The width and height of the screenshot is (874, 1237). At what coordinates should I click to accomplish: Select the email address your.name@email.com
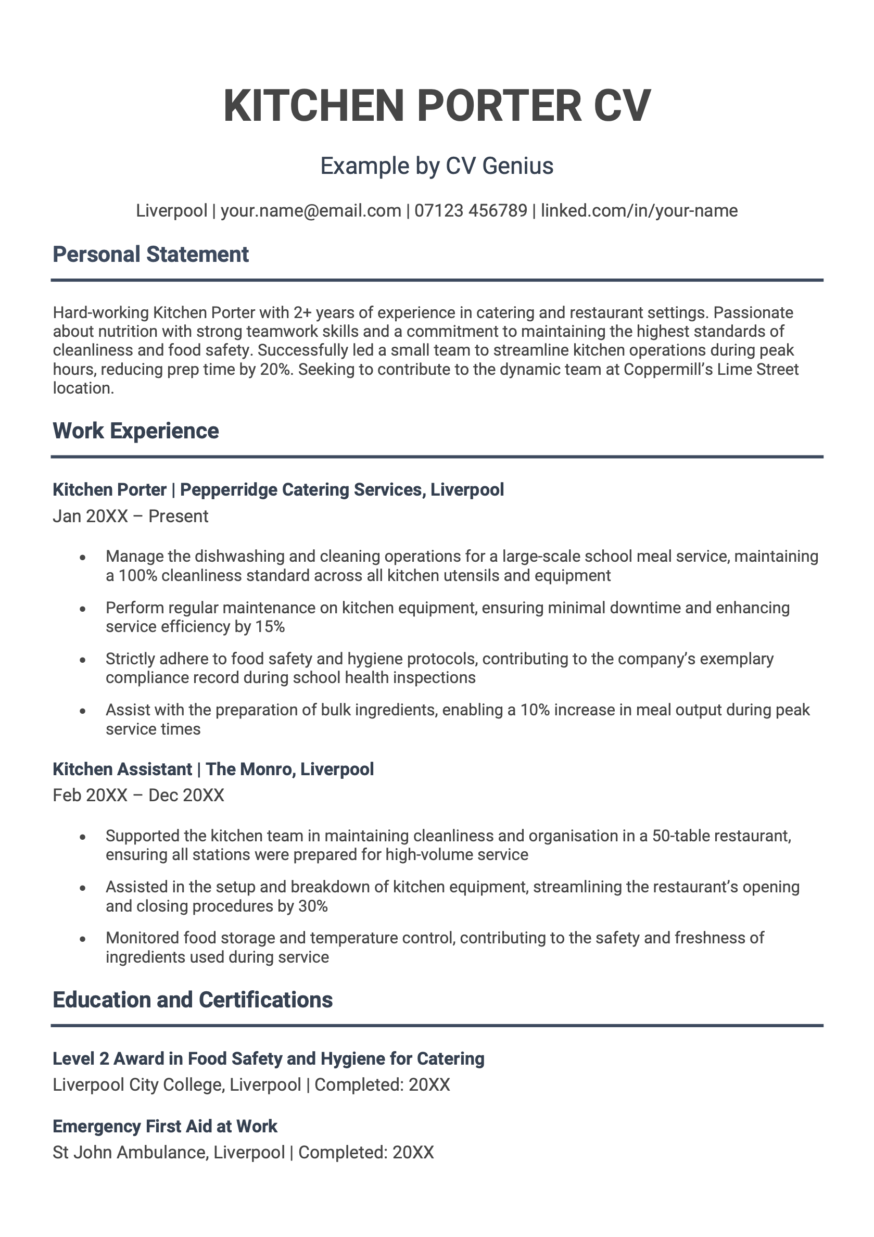311,211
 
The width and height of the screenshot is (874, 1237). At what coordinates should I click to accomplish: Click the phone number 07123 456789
471,211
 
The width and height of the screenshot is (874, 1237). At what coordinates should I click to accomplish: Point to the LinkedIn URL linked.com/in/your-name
639,211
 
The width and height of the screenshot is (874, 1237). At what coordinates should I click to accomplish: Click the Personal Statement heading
150,255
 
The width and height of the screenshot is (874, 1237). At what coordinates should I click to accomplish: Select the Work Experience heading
136,431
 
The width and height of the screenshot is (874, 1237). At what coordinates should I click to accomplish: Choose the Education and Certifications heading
193,1000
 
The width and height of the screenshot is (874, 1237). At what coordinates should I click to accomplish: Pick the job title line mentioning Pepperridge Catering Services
278,490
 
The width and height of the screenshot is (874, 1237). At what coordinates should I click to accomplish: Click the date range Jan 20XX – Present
131,516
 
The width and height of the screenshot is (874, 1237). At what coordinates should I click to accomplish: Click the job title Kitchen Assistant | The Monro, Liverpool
213,769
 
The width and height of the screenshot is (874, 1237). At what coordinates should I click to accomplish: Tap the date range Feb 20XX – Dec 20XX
138,796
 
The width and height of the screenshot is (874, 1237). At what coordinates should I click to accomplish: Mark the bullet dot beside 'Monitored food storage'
82,939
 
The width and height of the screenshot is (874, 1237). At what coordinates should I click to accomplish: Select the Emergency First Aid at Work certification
165,1127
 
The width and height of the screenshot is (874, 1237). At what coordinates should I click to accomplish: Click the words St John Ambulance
130,1153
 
